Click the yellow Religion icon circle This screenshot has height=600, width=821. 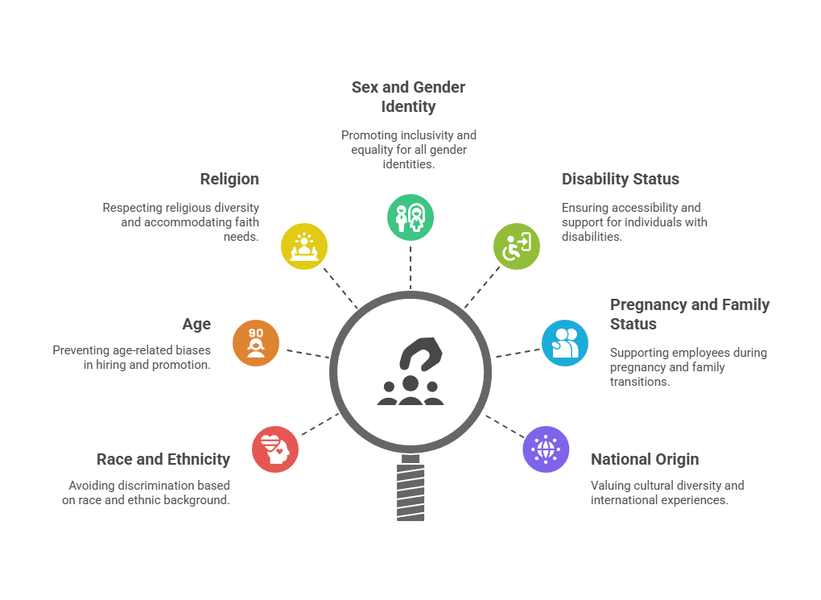[x=304, y=246]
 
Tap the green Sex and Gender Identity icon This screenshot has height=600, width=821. [x=410, y=217]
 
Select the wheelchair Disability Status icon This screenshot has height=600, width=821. [x=517, y=246]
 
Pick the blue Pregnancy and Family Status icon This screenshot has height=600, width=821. [x=565, y=342]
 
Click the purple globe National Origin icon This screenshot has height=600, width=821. [x=546, y=449]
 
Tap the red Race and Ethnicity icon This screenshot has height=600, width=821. [x=275, y=449]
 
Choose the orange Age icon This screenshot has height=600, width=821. [x=256, y=342]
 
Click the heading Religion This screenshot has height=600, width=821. [x=229, y=179]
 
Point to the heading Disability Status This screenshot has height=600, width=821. [x=621, y=179]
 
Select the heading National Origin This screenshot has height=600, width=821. [x=645, y=459]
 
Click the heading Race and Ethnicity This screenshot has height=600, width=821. [x=163, y=459]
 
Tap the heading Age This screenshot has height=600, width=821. [x=196, y=324]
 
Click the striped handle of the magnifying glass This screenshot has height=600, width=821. [x=410, y=490]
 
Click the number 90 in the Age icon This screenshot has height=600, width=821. [x=256, y=333]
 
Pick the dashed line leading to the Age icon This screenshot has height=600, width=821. [x=306, y=353]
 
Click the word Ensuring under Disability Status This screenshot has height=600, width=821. [x=587, y=208]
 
